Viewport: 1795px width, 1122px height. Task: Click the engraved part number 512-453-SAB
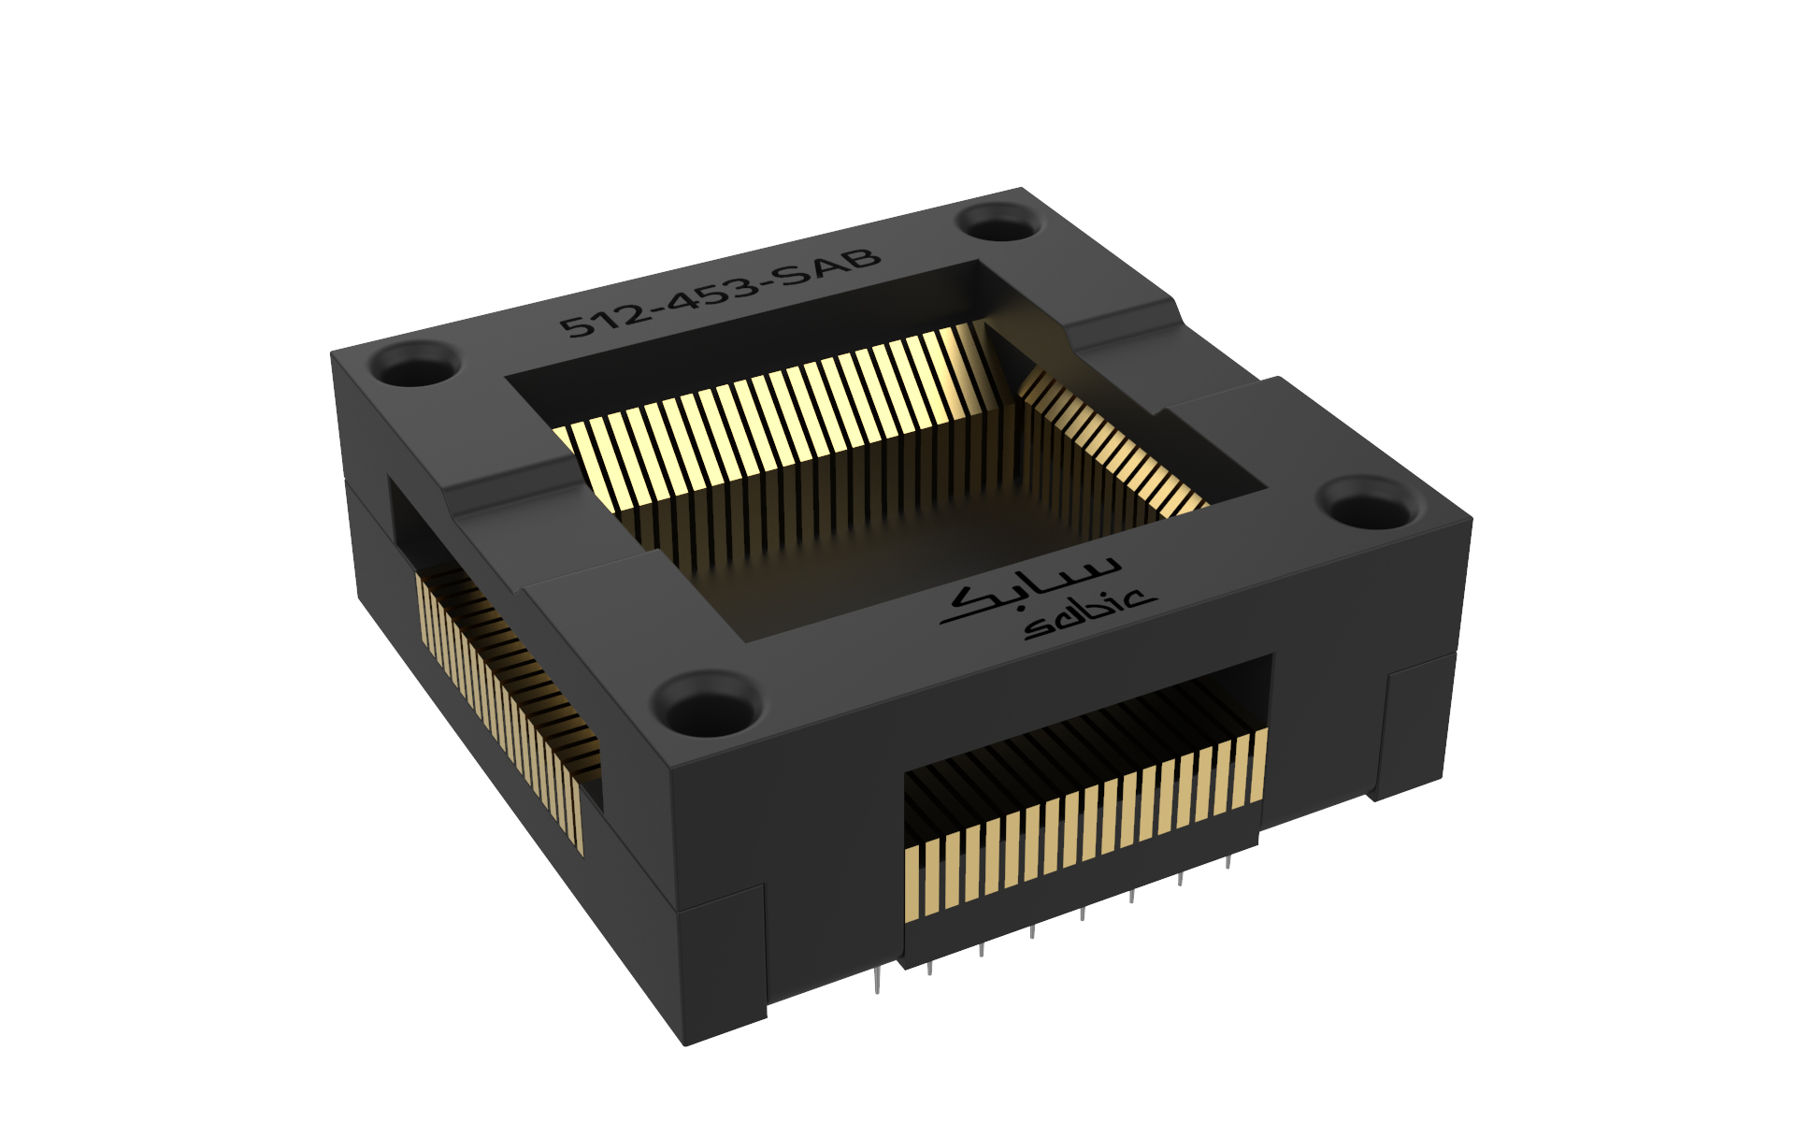720,292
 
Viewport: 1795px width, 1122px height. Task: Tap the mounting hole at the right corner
1368,506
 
